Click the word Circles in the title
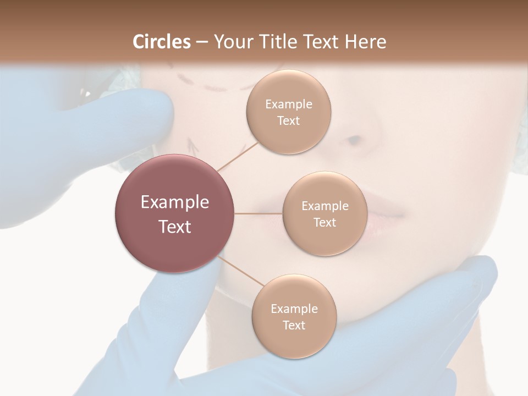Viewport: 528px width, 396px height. click(x=162, y=42)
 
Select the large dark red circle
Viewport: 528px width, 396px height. click(x=174, y=213)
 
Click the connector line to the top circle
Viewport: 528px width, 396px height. click(x=238, y=156)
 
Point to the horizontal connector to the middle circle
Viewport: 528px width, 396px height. click(x=258, y=213)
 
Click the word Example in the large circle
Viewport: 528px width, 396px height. click(x=174, y=202)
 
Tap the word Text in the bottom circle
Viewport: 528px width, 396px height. click(x=294, y=325)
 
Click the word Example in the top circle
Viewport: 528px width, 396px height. click(x=288, y=104)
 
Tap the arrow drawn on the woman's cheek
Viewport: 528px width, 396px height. click(x=192, y=144)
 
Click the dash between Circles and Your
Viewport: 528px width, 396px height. click(x=201, y=42)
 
